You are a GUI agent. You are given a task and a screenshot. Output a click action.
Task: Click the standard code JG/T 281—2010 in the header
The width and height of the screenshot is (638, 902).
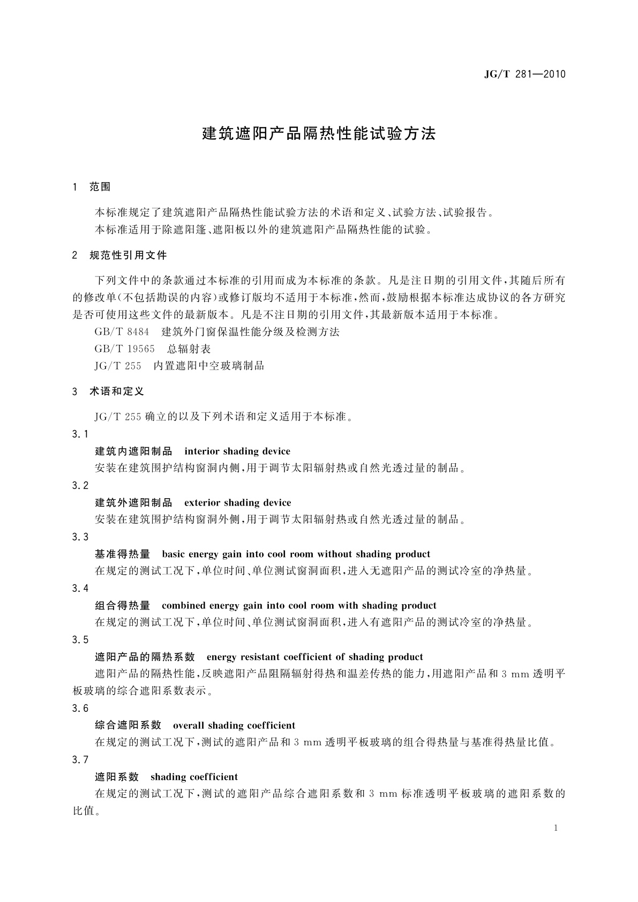[x=524, y=74]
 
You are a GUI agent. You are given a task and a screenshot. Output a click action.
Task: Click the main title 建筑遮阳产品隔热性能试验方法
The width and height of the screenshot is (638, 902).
[x=319, y=133]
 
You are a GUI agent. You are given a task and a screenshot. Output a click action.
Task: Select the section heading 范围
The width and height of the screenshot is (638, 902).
[x=100, y=187]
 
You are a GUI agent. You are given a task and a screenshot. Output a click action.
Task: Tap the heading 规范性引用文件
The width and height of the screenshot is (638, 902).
[x=128, y=255]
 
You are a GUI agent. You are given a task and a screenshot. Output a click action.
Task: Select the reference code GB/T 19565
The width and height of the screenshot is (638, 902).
[x=124, y=349]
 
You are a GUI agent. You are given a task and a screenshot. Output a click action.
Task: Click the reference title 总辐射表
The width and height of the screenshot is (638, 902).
[x=189, y=349]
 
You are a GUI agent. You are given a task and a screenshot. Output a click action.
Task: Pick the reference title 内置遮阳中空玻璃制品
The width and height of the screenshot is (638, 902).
[x=208, y=366]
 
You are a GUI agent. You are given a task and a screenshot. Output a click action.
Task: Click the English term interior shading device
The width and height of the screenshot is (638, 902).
[x=237, y=451]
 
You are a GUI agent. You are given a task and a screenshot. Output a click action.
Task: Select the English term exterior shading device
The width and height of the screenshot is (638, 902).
[x=238, y=502]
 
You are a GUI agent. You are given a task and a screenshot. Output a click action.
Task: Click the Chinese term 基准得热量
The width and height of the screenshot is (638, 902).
[x=123, y=554]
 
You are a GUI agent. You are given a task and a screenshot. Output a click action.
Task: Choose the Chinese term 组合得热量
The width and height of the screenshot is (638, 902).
[x=123, y=605]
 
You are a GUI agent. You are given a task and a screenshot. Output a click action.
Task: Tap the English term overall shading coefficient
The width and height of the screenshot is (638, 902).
[x=234, y=725]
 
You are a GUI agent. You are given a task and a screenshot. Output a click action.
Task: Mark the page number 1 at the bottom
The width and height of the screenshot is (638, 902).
[x=556, y=828]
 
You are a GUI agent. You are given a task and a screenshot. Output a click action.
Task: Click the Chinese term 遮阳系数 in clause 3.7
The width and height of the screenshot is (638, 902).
[x=117, y=777]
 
